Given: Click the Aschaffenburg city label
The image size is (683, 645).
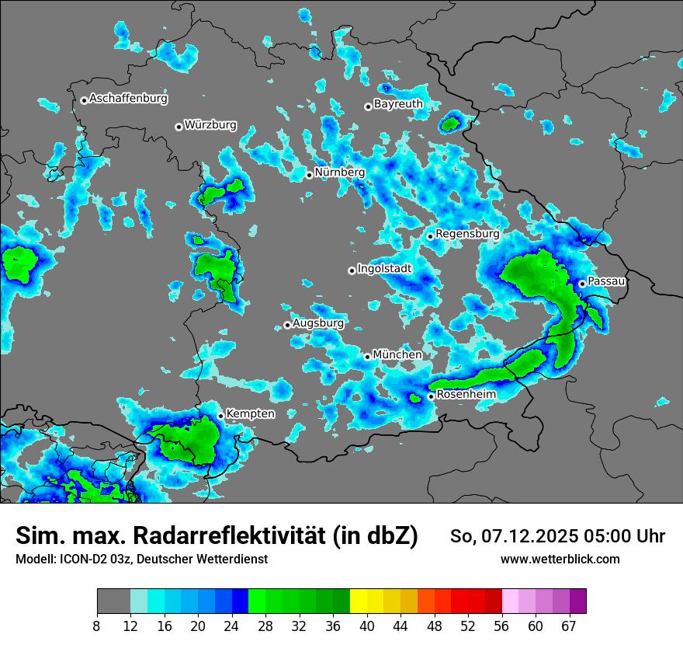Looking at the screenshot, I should tap(128, 99).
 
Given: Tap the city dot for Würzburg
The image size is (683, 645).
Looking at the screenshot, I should tap(179, 127).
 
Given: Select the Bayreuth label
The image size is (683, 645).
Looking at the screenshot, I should tap(398, 104).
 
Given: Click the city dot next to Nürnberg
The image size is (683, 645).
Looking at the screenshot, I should tap(309, 175).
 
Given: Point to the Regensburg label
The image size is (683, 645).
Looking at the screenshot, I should tap(467, 233).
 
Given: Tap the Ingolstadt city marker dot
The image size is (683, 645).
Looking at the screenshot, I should tap(352, 270).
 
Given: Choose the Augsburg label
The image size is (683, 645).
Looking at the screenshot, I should tap(317, 322).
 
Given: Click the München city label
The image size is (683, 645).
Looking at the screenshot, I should tap(397, 354).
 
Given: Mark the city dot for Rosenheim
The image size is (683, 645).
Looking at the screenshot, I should tap(431, 396).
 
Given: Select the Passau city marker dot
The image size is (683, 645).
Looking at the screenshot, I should tap(582, 284).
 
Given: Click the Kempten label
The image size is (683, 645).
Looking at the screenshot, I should tap(250, 413).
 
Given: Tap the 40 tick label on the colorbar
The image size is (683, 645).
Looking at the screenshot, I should tap(367, 626).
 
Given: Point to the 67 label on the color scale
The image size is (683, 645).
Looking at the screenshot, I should tap(568, 626).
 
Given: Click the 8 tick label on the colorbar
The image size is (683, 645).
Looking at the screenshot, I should tap(97, 626).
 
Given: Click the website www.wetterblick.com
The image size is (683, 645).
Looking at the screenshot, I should tap(560, 559).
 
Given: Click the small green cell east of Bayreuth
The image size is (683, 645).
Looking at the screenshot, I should tap(451, 122).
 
